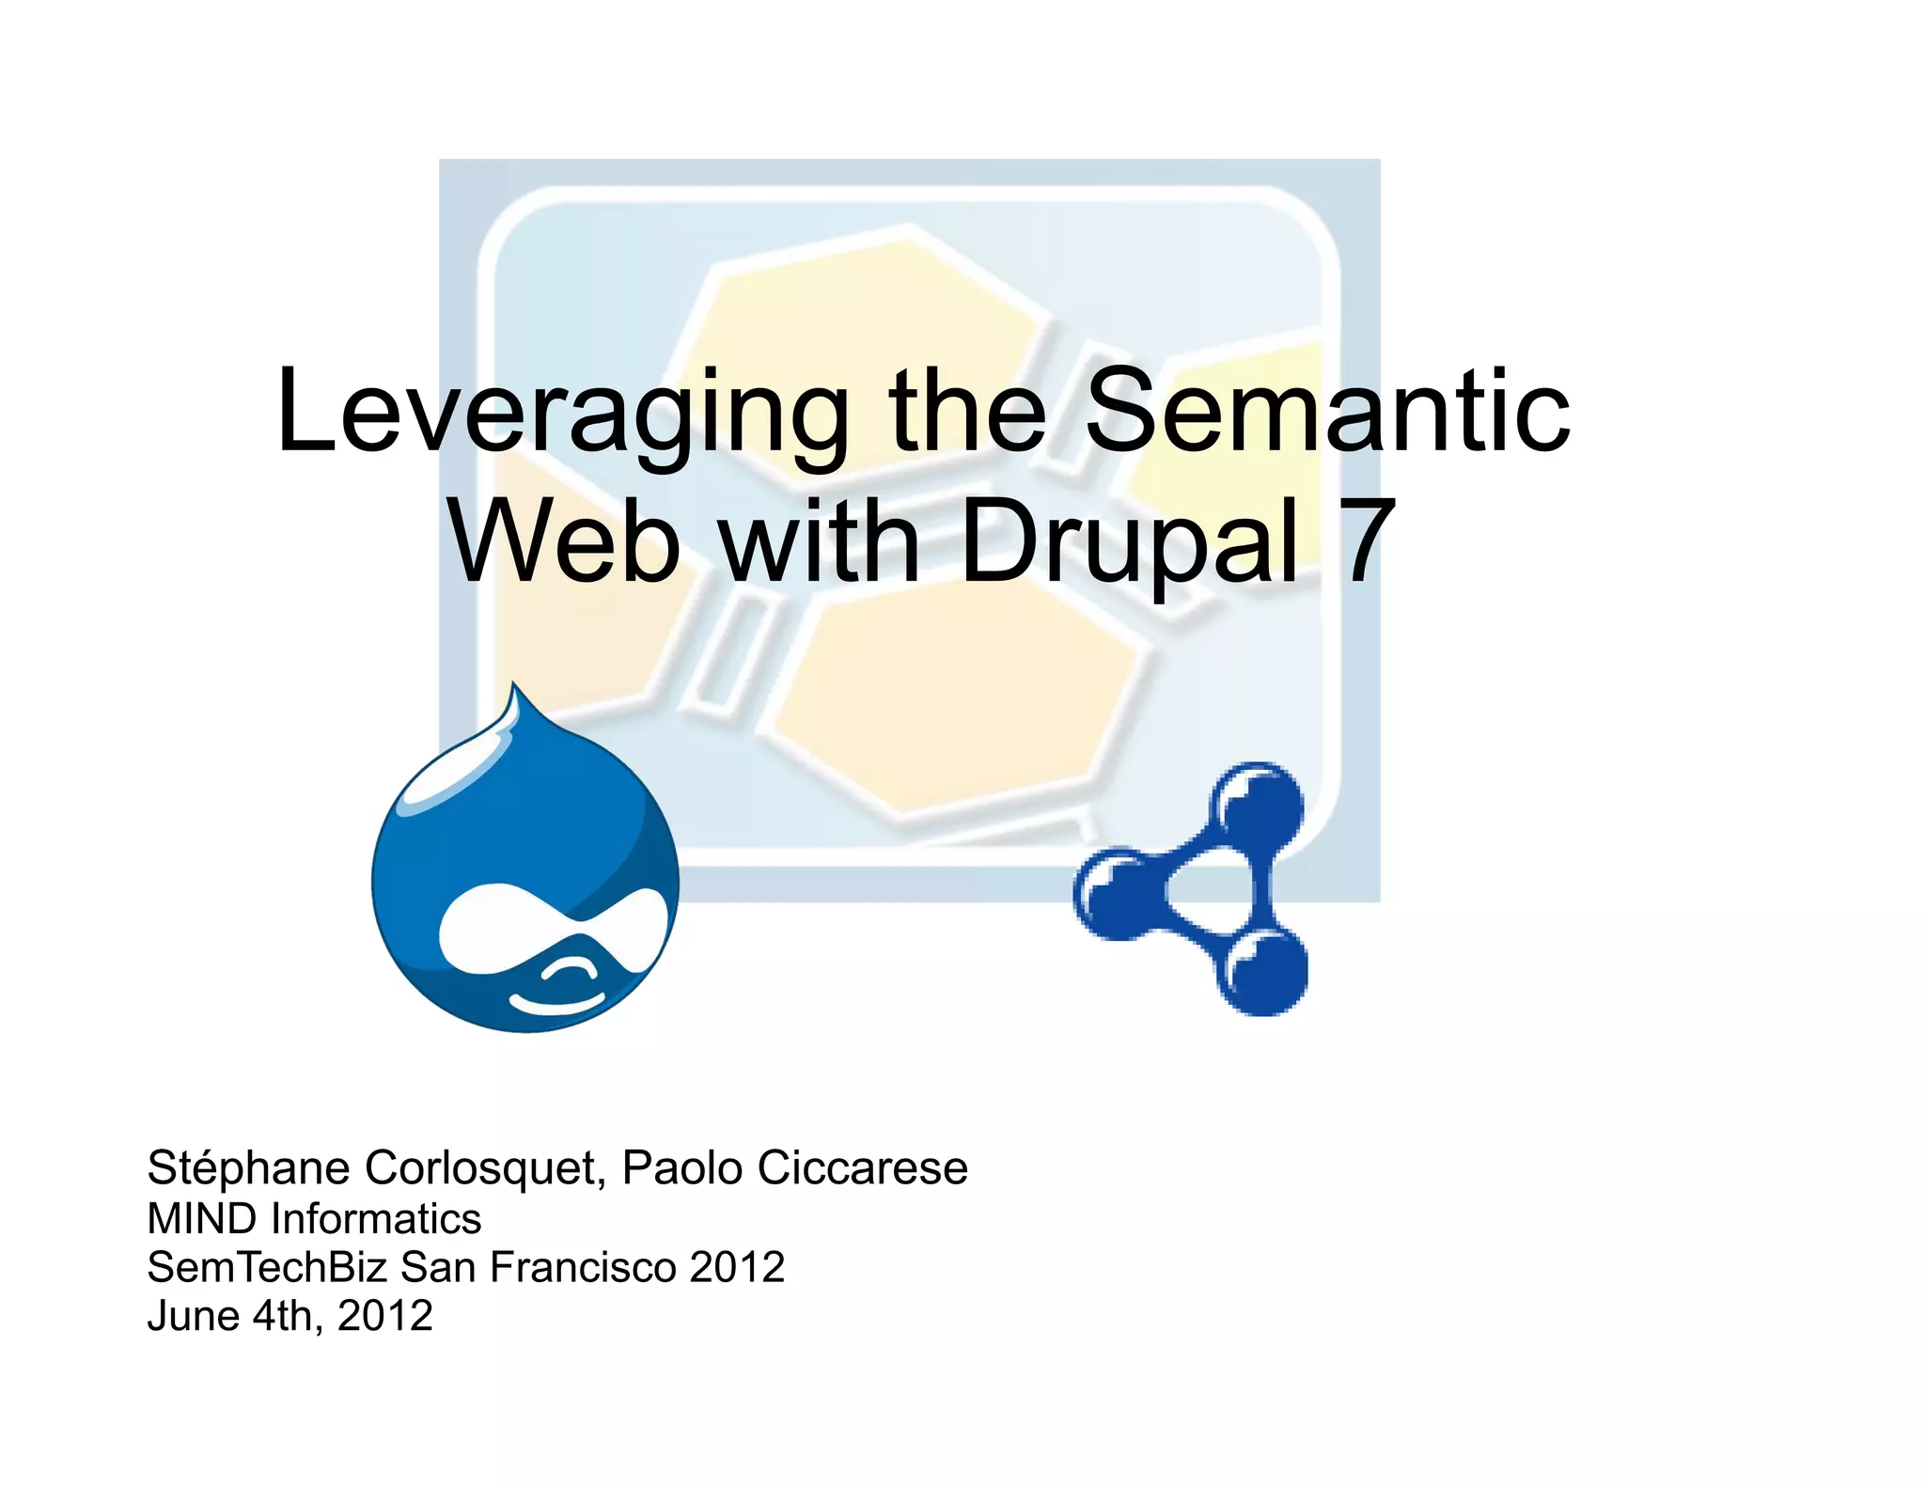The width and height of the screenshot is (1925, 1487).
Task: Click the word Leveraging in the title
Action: [562, 414]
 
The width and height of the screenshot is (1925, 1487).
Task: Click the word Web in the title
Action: [564, 541]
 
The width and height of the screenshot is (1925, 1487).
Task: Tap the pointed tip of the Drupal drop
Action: [514, 691]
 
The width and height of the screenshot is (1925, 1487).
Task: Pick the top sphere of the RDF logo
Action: [1257, 805]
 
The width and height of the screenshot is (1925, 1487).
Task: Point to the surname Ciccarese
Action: [862, 1168]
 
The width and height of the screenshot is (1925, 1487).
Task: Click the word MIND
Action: [202, 1218]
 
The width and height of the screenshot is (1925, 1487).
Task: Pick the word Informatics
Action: [376, 1218]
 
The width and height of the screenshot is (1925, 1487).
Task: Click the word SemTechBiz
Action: [267, 1267]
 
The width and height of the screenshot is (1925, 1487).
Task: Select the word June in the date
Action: [194, 1316]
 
